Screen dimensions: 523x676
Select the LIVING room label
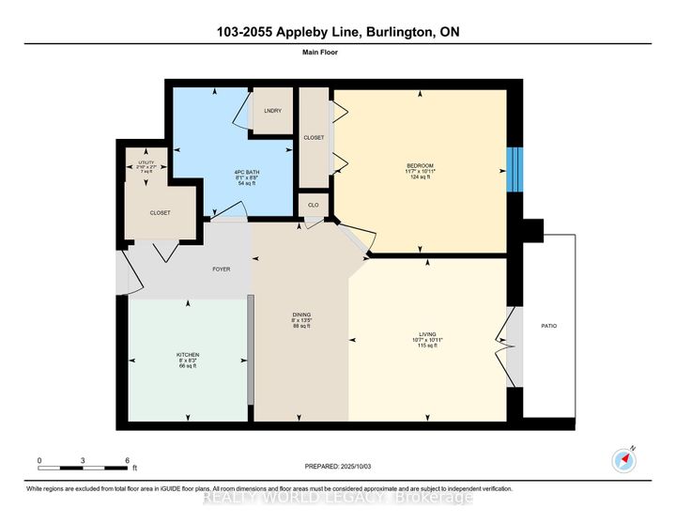click(428, 333)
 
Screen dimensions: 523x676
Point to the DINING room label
click(300, 315)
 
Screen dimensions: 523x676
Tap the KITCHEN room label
click(188, 355)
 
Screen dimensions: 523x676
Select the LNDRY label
click(273, 112)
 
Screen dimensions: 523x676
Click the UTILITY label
click(146, 162)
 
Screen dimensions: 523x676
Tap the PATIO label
click(549, 326)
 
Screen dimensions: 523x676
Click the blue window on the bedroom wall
click(513, 170)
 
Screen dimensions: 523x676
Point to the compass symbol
click(624, 459)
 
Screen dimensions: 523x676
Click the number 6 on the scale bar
click(127, 460)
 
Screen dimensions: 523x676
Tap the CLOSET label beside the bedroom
click(314, 138)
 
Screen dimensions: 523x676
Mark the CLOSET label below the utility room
click(161, 213)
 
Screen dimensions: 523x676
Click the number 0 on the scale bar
click(39, 460)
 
